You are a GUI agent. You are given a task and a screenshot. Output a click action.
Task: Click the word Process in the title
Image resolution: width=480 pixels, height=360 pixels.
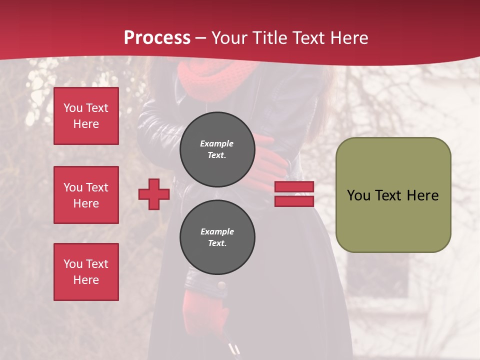157,38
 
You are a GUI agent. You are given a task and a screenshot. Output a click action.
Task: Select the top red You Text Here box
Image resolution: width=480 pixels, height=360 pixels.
86,116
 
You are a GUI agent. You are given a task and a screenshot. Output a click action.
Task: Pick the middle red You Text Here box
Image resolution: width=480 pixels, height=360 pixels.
86,195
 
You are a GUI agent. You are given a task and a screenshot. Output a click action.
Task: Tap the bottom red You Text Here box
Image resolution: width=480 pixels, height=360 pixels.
86,272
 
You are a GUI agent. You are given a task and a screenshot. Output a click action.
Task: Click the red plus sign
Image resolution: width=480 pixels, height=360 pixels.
154,194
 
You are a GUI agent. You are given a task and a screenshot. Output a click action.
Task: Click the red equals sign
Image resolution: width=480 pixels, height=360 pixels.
294,194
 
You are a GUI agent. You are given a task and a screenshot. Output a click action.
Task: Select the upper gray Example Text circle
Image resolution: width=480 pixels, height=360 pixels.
217,149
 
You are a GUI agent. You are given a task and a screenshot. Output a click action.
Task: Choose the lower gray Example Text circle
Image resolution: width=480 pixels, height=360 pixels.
217,237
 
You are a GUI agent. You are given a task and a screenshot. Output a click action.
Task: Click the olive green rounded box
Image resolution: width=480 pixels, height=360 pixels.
393,195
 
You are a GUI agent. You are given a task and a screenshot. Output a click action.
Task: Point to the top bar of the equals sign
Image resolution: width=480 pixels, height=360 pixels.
294,186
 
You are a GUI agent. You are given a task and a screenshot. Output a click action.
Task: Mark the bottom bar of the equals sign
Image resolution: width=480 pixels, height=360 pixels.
294,201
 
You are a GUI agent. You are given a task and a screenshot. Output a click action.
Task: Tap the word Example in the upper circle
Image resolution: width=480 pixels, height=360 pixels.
217,143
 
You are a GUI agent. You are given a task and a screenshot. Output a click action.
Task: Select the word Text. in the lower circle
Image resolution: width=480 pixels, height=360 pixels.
217,243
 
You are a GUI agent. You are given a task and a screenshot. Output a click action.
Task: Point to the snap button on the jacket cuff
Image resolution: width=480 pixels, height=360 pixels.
221,286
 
